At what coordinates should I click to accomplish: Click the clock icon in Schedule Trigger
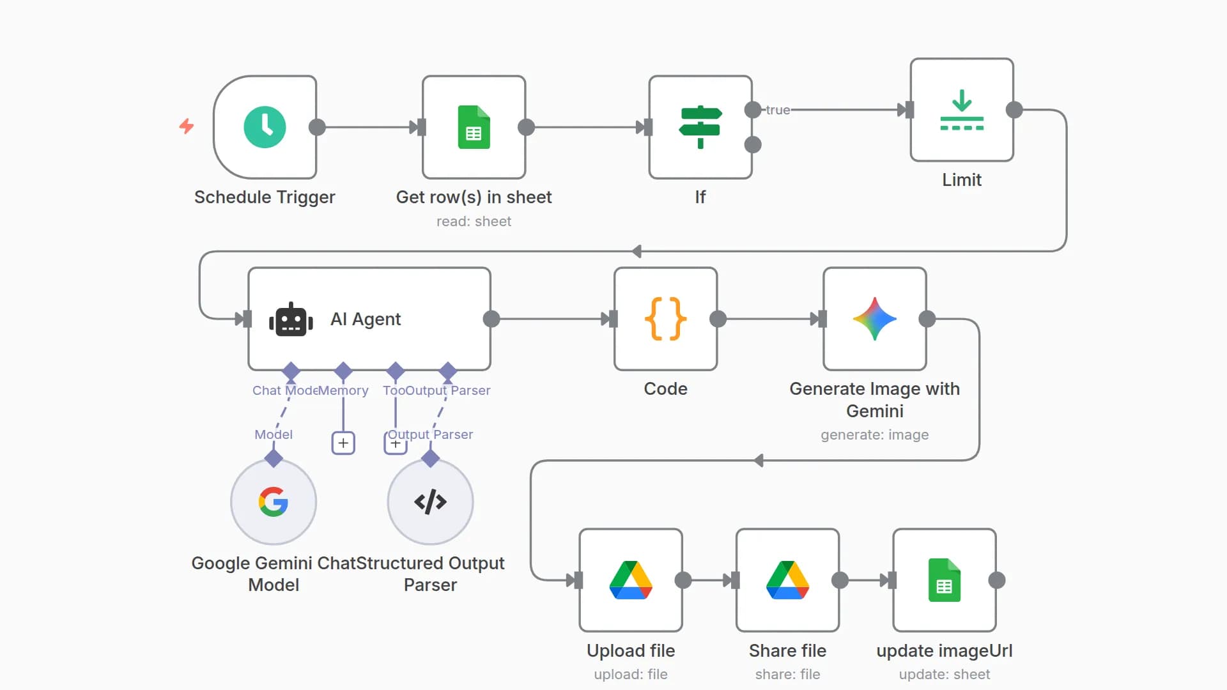(x=265, y=127)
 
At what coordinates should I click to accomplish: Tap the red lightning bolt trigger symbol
(x=186, y=126)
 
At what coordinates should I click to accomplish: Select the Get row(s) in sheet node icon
(x=474, y=127)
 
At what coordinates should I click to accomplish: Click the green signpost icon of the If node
(x=700, y=127)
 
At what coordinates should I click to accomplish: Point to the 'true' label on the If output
(x=778, y=110)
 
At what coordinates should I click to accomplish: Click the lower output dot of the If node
(x=753, y=144)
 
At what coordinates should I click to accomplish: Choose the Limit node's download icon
(x=961, y=110)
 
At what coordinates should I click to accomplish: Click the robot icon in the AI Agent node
(x=291, y=319)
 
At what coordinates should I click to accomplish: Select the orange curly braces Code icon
(x=665, y=319)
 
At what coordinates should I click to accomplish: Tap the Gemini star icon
(x=874, y=319)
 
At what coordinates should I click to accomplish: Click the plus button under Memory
(x=343, y=443)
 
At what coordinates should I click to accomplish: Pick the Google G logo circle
(x=274, y=502)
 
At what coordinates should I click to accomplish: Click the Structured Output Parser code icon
(x=430, y=502)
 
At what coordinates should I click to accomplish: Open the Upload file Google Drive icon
(x=631, y=580)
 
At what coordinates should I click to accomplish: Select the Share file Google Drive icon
(x=787, y=580)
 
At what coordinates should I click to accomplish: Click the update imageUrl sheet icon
(x=944, y=580)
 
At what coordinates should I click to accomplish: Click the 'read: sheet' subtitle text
(x=474, y=222)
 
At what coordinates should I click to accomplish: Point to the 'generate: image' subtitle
(x=874, y=435)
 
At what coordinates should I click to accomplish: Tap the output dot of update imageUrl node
(x=996, y=580)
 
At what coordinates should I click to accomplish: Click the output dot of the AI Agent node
(x=491, y=319)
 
